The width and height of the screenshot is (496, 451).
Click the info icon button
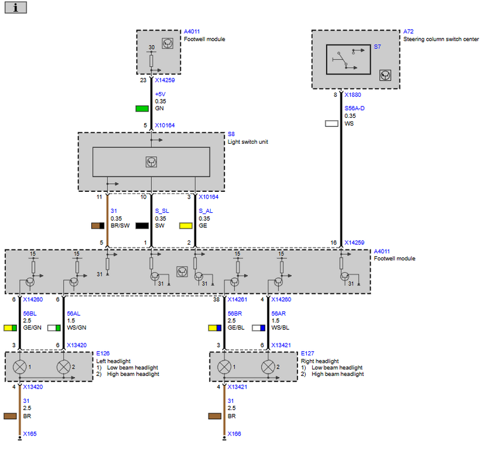pos(16,8)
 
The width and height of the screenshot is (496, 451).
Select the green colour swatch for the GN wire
pos(142,109)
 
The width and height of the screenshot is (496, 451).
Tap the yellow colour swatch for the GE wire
pos(186,226)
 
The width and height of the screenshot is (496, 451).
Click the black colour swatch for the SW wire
pos(142,226)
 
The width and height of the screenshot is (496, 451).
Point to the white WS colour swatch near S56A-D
pos(331,123)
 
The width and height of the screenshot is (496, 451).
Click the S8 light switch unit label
pos(231,134)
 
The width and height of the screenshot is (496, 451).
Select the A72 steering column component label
pos(408,32)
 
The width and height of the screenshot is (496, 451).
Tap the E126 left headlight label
pos(103,354)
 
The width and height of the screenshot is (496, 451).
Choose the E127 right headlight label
pos(307,354)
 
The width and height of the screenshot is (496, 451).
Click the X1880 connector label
pos(352,95)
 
